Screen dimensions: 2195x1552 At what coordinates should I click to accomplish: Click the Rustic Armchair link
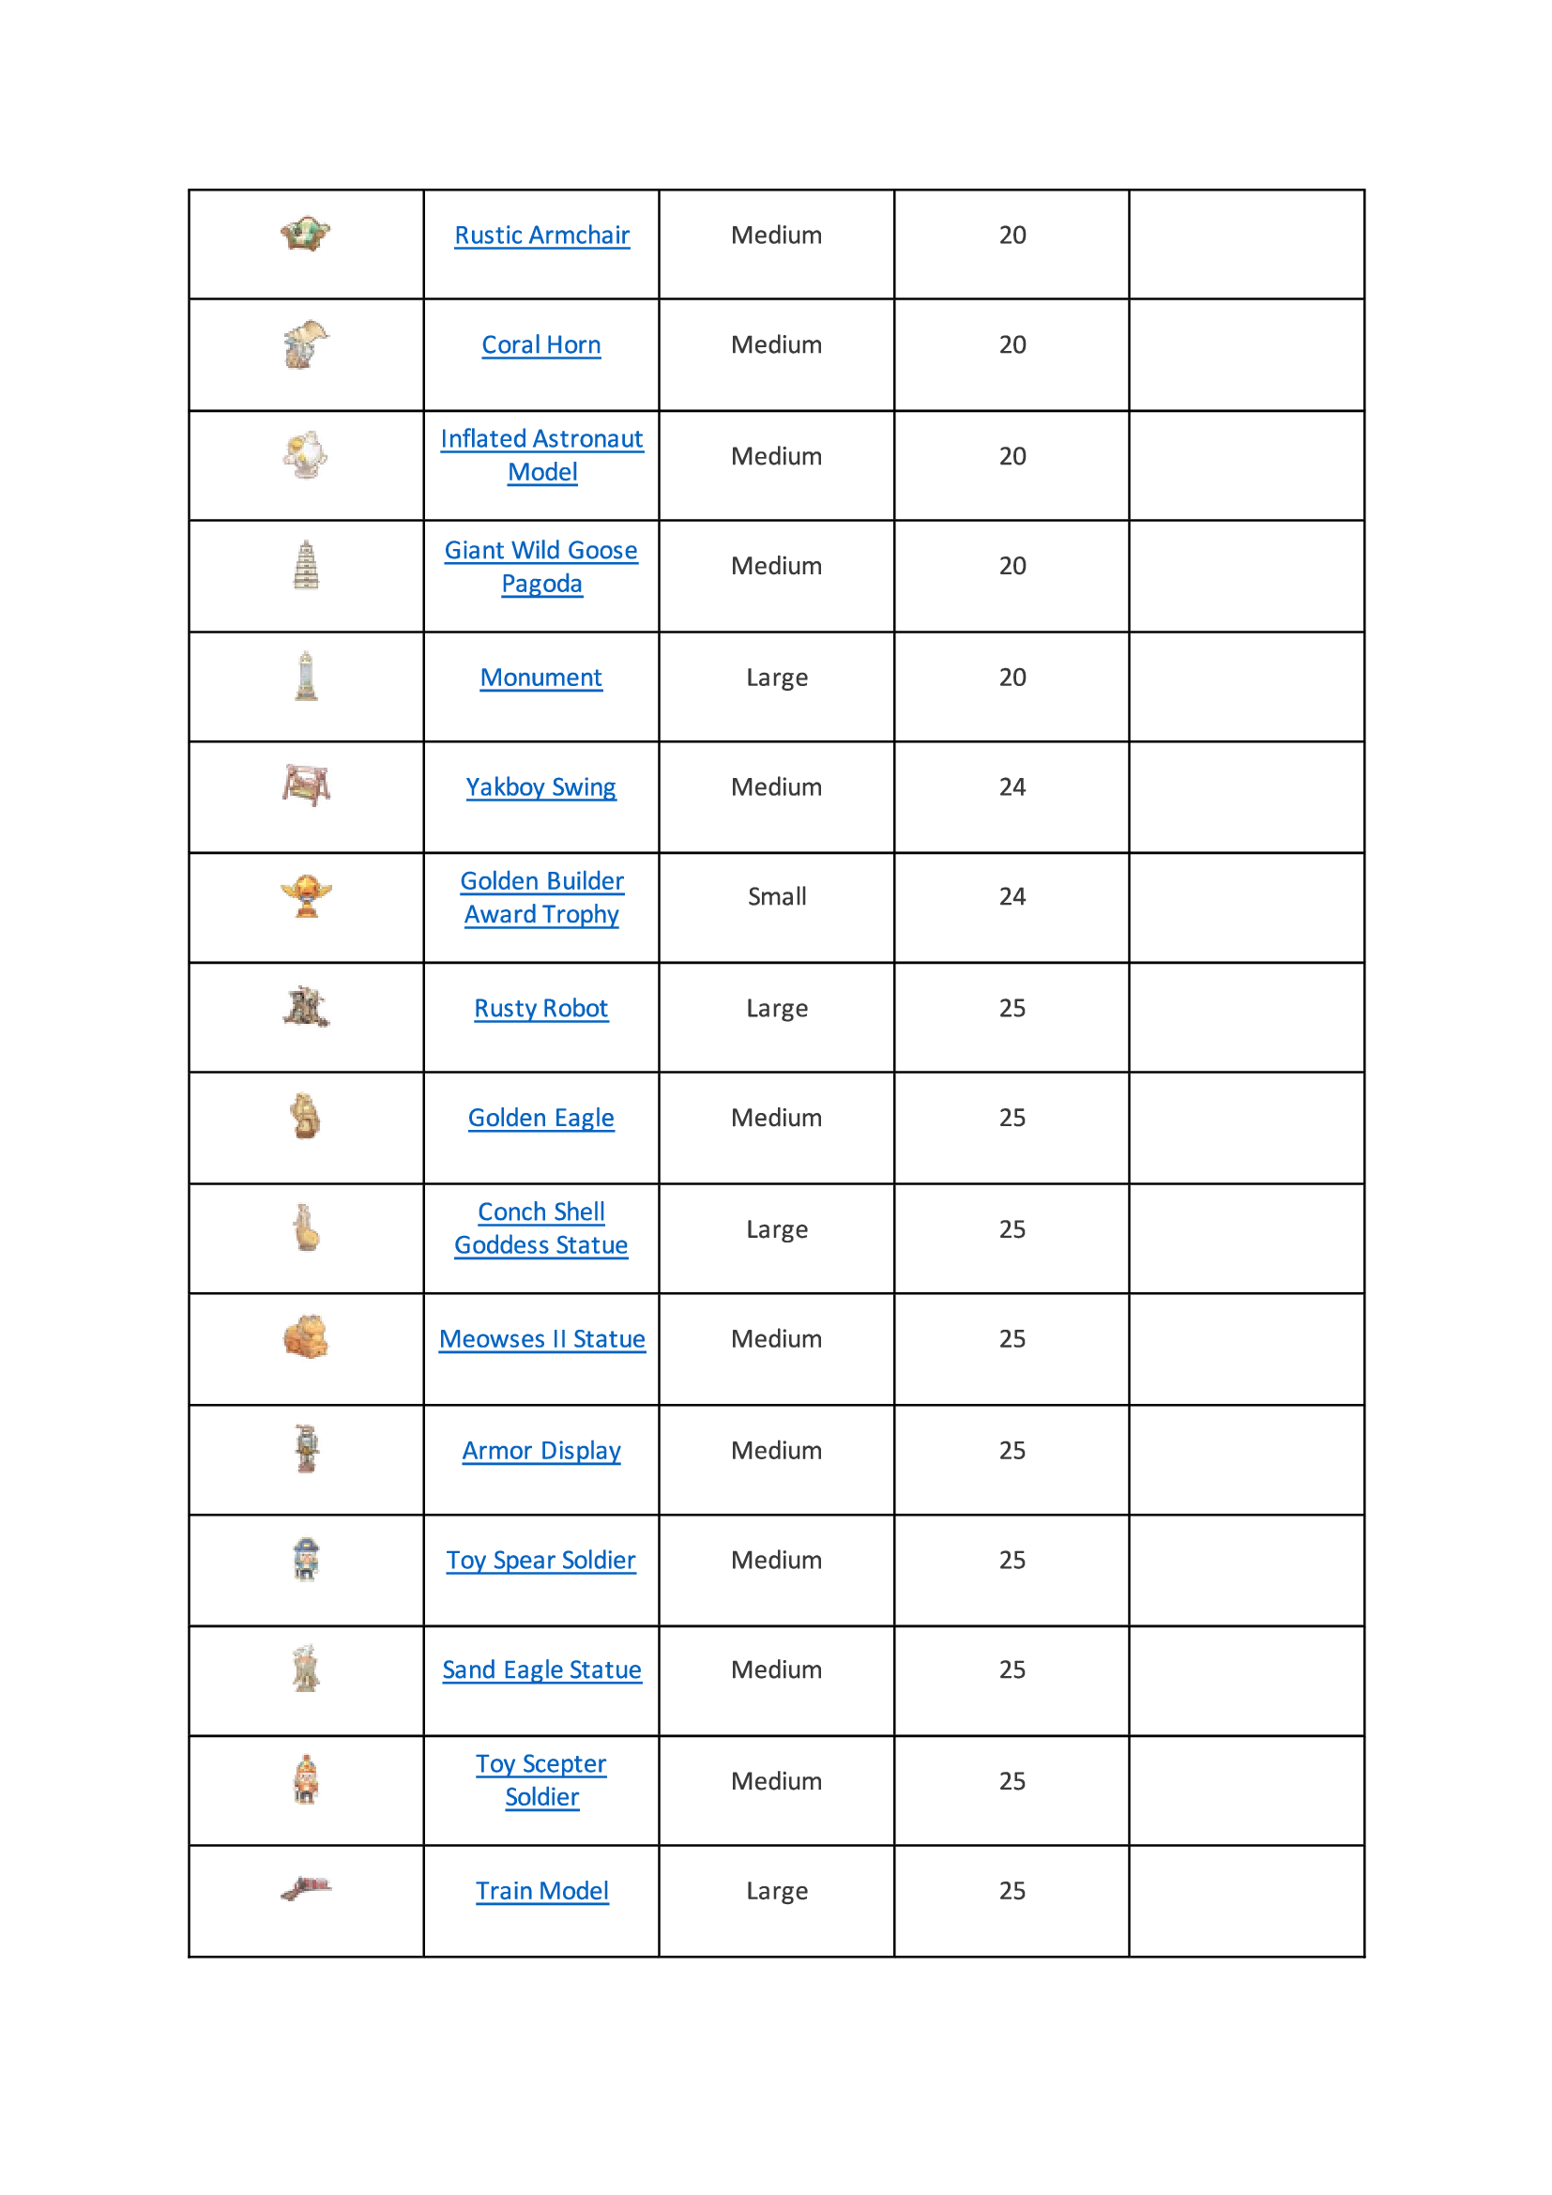click(541, 236)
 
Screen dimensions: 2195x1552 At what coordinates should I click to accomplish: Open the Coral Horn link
click(540, 345)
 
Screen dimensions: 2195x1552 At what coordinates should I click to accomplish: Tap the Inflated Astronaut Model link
click(541, 455)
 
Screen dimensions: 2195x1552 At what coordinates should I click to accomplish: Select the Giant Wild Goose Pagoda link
click(540, 567)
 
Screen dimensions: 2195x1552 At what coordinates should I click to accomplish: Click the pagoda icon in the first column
click(306, 565)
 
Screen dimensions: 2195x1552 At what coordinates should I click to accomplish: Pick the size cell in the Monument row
click(776, 678)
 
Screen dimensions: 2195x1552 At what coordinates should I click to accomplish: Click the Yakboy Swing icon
click(306, 785)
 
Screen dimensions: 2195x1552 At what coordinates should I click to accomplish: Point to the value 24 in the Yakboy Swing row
click(1012, 786)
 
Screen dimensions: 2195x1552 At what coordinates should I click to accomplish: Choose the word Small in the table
click(776, 897)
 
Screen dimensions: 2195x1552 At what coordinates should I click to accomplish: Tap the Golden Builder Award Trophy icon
click(306, 896)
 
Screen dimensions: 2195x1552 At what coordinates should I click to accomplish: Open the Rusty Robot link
click(540, 1009)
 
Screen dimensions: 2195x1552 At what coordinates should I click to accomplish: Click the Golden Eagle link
click(540, 1119)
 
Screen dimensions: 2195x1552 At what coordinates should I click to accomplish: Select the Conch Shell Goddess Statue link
click(540, 1228)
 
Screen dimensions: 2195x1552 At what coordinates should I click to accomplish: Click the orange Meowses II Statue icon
click(306, 1337)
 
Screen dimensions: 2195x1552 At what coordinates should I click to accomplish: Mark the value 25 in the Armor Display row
click(1012, 1450)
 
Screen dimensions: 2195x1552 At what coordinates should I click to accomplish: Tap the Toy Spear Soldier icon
click(306, 1560)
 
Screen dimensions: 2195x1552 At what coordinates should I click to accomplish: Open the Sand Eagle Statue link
click(541, 1670)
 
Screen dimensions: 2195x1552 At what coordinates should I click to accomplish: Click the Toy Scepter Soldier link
click(540, 1780)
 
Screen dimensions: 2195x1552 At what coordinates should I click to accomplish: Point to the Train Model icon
click(306, 1888)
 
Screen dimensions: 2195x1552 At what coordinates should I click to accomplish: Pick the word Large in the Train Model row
click(776, 1891)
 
